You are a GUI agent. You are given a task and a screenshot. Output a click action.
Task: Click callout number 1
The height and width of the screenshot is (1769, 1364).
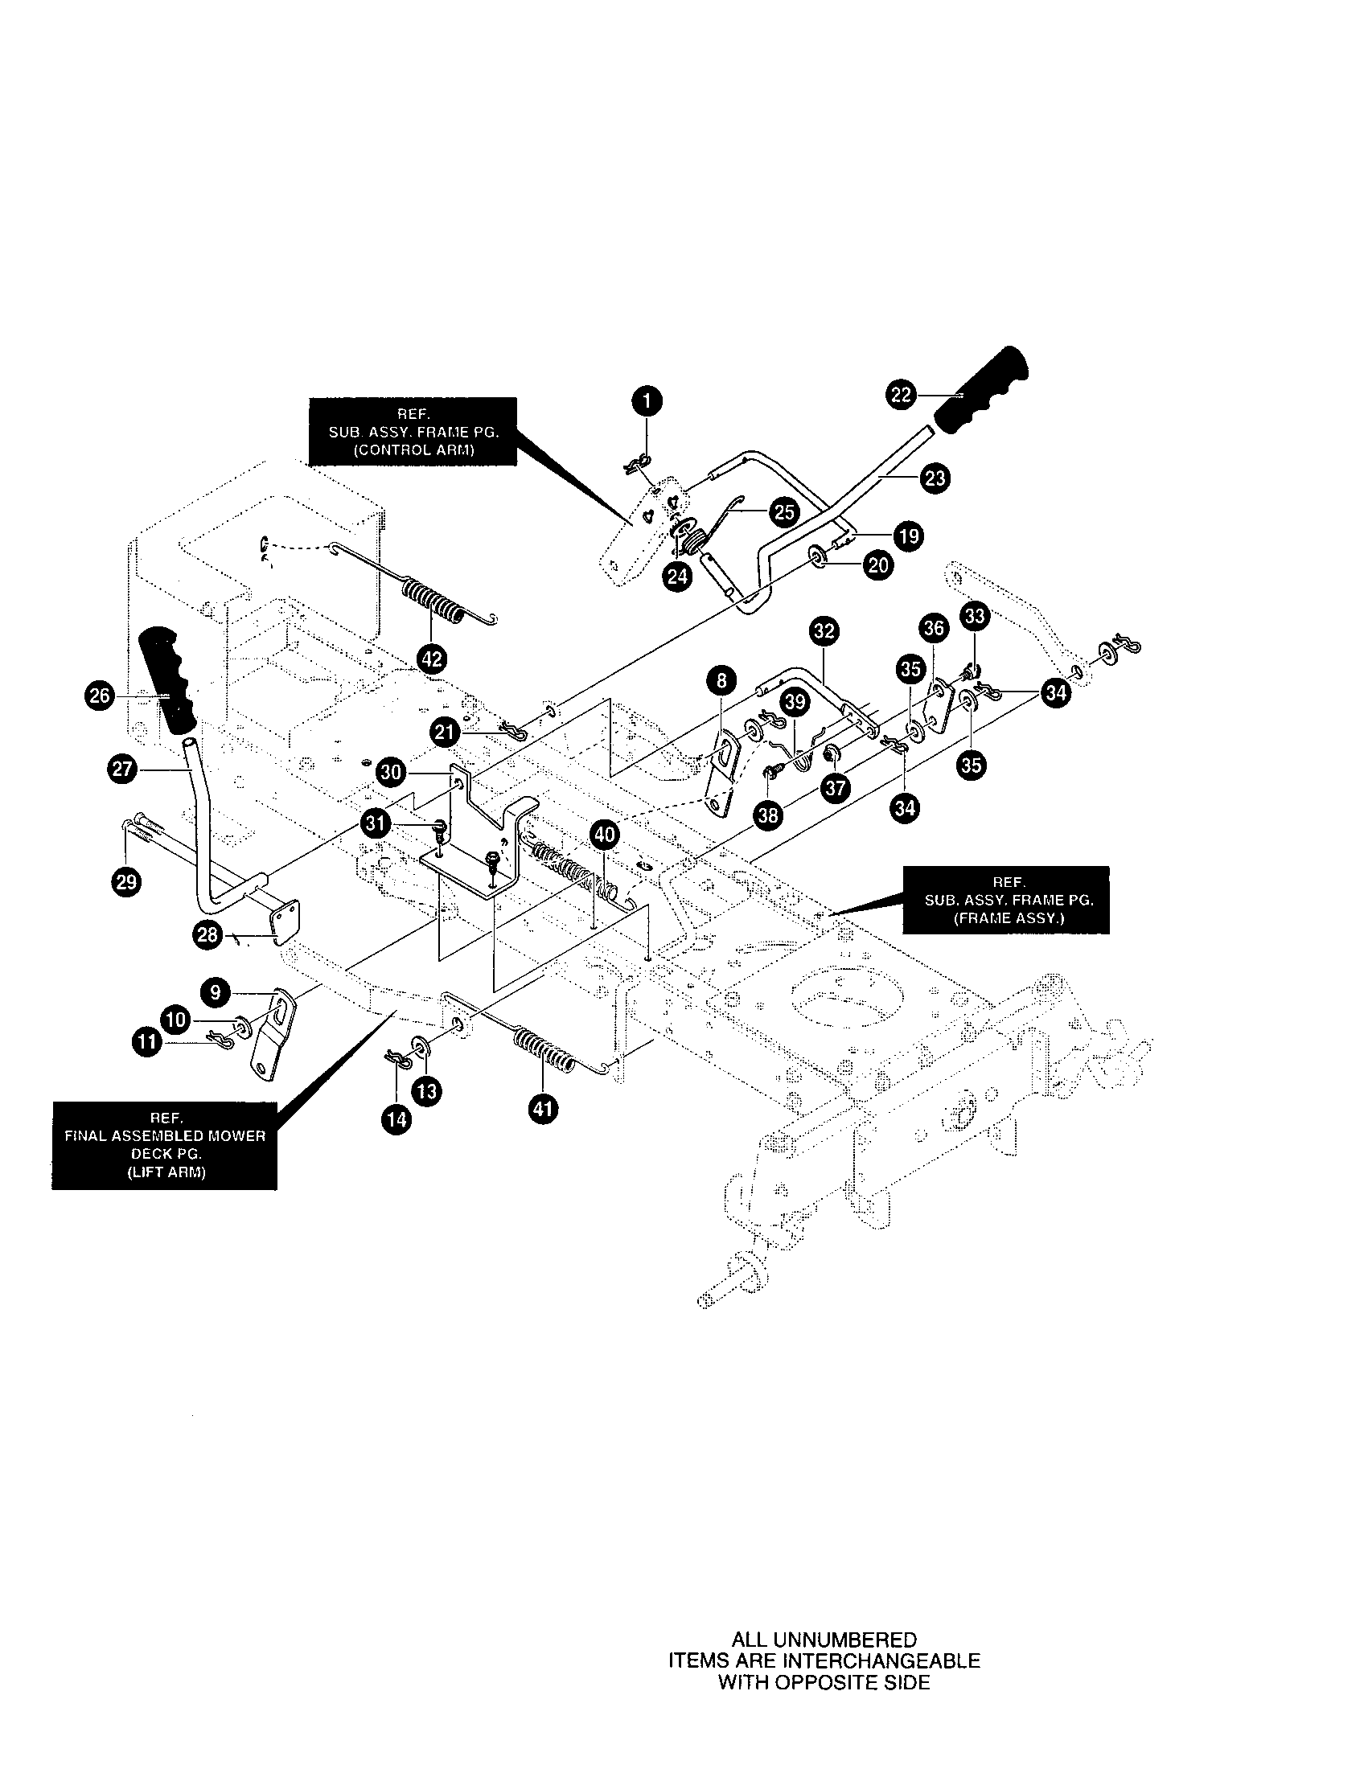[x=646, y=401]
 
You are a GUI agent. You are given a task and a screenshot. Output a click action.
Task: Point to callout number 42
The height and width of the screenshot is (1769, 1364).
[x=432, y=659]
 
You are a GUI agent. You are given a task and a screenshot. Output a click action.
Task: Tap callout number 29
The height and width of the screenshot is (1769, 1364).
[x=126, y=880]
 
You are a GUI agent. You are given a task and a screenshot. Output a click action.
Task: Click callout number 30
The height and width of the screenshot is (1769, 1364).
[x=390, y=772]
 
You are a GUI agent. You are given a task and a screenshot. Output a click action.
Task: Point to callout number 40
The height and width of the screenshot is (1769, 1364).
[x=604, y=834]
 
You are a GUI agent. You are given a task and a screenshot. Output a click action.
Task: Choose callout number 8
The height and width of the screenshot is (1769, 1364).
[x=721, y=681]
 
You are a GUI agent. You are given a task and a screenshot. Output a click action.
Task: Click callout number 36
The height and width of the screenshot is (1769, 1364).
[x=934, y=628]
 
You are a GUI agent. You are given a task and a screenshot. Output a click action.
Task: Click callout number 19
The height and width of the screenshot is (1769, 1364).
[x=907, y=536]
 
